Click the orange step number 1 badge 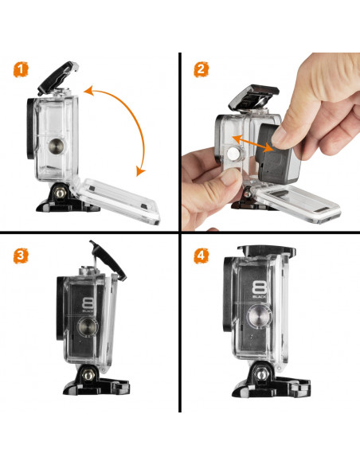click(x=21, y=70)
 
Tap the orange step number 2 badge click(x=201, y=69)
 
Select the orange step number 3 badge click(x=21, y=256)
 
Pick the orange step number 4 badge click(x=202, y=256)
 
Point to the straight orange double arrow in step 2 click(x=253, y=143)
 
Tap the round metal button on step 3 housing click(x=87, y=326)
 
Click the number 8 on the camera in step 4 click(x=259, y=287)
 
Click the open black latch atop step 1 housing click(x=58, y=77)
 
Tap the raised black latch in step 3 click(x=108, y=260)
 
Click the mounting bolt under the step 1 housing click(x=61, y=193)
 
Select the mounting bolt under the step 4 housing click(x=260, y=374)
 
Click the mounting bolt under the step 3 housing click(x=88, y=376)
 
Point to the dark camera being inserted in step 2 click(x=277, y=154)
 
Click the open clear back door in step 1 click(x=115, y=200)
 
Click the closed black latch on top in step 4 click(x=267, y=251)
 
